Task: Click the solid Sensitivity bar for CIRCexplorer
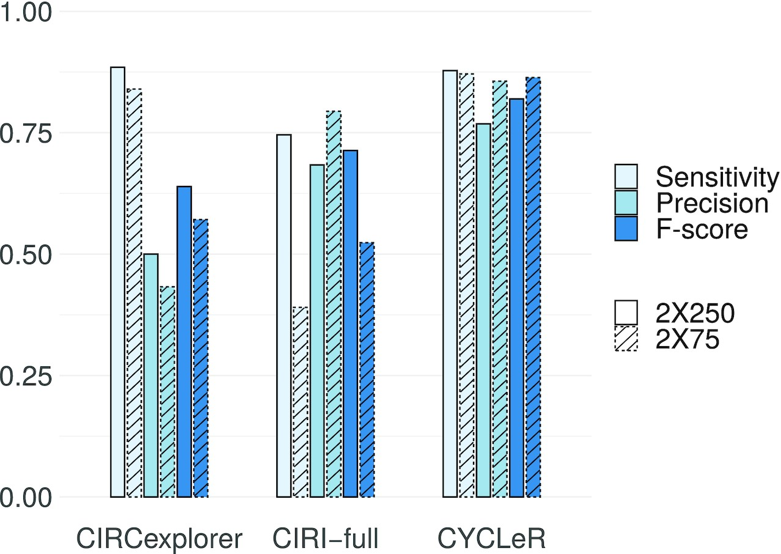(118, 282)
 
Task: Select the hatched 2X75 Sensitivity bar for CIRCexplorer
(134, 293)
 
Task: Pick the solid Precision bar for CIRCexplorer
(151, 375)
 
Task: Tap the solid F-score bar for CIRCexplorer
(185, 342)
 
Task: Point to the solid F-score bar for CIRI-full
(350, 323)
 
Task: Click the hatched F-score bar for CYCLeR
(533, 287)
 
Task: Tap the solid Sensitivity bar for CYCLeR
(450, 284)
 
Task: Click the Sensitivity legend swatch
(626, 176)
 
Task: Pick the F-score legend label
(701, 229)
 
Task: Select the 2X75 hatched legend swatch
(626, 339)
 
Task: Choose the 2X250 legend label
(694, 313)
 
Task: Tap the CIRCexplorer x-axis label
(159, 539)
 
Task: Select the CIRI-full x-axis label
(326, 539)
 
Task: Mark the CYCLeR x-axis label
(491, 539)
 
